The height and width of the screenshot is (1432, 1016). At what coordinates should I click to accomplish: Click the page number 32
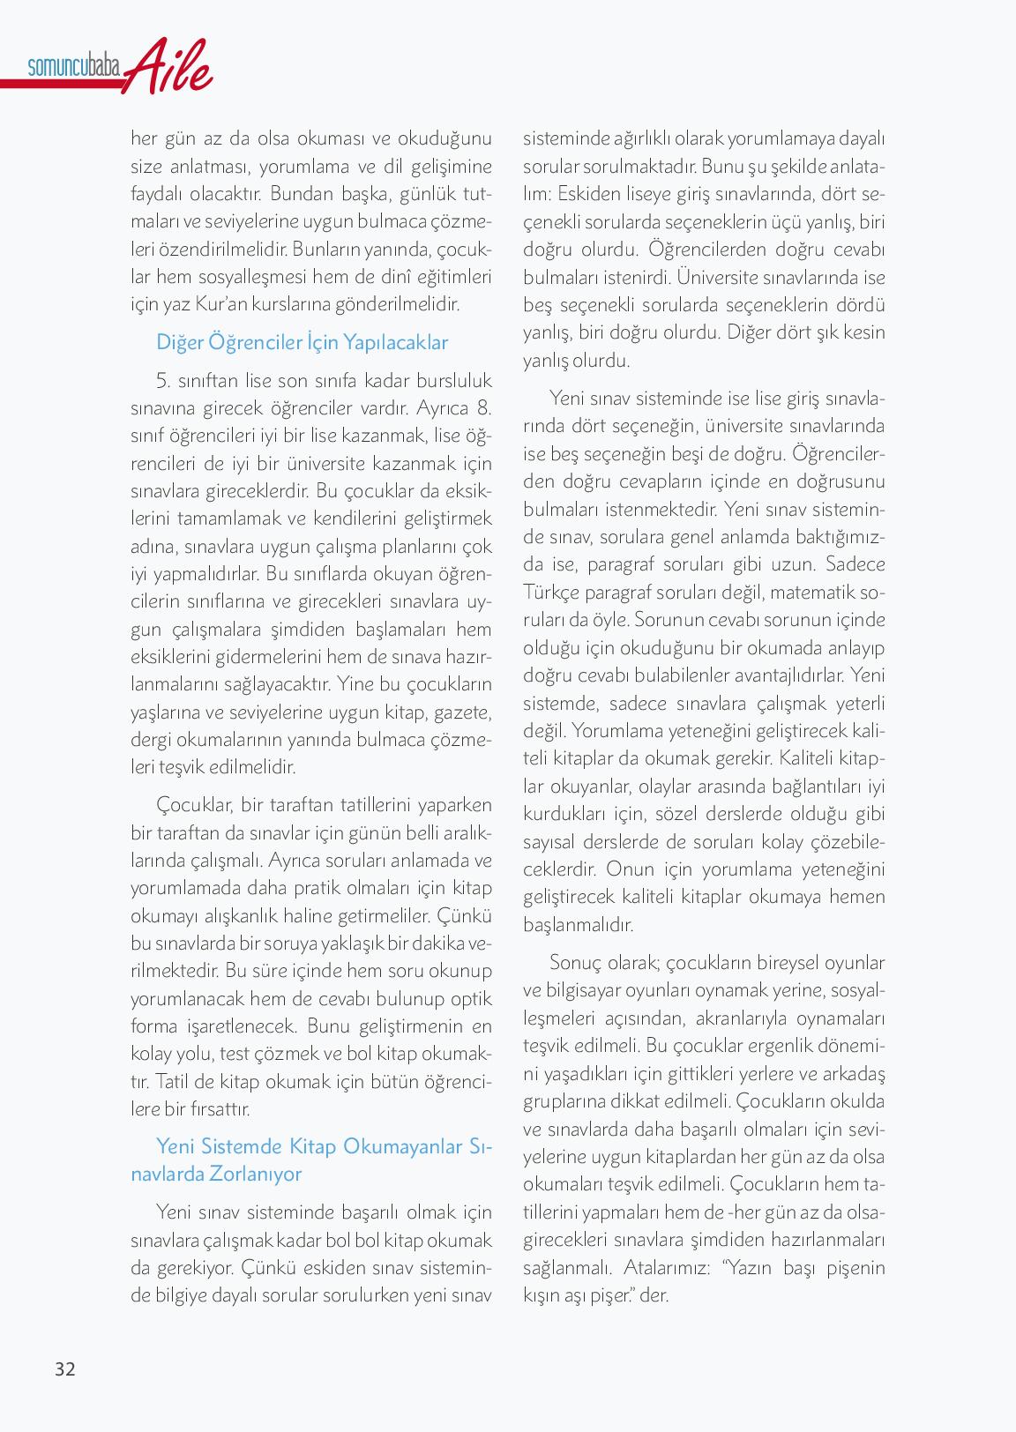tap(65, 1369)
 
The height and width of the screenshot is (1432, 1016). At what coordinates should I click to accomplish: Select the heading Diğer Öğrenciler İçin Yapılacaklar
tap(302, 342)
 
